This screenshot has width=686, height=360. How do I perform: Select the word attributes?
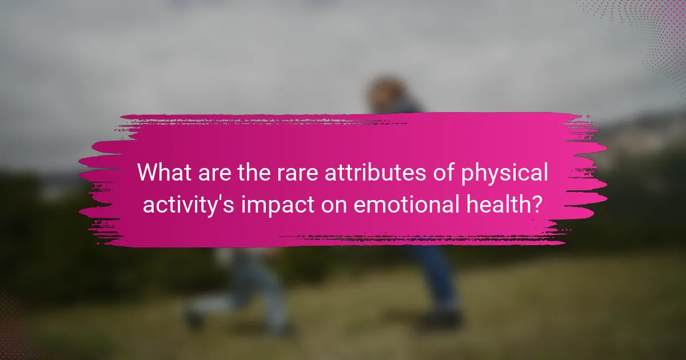click(x=375, y=173)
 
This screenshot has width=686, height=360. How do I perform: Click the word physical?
click(x=504, y=174)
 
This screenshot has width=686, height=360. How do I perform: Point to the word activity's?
click(x=188, y=205)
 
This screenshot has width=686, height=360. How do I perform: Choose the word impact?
click(x=278, y=205)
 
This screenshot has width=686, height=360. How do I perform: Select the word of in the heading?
click(x=444, y=173)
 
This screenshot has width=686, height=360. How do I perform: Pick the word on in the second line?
click(x=334, y=205)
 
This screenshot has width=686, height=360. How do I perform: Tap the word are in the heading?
click(x=215, y=174)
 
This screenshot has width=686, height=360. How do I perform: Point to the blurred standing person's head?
click(x=386, y=91)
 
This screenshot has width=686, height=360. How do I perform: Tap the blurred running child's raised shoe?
click(x=194, y=318)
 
